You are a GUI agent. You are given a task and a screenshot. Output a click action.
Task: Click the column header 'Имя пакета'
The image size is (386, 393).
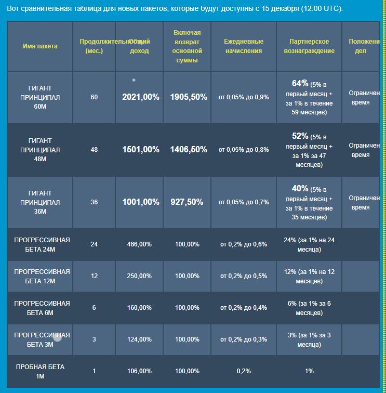(x=40, y=46)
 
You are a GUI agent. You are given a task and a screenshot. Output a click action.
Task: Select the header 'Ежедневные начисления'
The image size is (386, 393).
(x=244, y=46)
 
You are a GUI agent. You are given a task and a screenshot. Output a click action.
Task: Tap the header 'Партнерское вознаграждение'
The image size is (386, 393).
(x=309, y=46)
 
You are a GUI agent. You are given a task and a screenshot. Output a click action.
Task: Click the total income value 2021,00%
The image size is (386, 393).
(x=141, y=97)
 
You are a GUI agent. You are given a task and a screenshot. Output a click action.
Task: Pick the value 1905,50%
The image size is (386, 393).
(x=189, y=97)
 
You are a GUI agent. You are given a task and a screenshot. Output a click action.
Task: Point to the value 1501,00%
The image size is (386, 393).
(x=141, y=150)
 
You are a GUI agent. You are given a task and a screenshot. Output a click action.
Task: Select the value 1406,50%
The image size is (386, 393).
(x=189, y=150)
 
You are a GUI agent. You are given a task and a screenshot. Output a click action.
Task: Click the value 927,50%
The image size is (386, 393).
(x=187, y=202)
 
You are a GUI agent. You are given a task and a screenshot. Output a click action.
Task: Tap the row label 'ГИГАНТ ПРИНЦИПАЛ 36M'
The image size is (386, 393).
(x=40, y=202)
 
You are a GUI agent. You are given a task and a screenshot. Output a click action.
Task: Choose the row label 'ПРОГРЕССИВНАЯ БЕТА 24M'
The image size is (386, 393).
(x=42, y=244)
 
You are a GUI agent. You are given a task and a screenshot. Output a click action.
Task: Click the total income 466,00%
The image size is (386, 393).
(x=139, y=244)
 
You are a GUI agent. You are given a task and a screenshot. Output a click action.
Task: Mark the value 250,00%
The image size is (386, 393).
(x=139, y=276)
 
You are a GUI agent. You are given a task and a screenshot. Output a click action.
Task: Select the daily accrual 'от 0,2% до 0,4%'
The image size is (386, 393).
(x=244, y=308)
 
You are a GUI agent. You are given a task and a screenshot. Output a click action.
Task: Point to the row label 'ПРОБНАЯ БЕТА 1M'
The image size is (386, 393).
(x=40, y=371)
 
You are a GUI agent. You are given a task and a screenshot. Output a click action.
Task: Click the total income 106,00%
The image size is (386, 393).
(x=139, y=371)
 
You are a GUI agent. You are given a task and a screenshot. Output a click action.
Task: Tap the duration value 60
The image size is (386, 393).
(x=94, y=97)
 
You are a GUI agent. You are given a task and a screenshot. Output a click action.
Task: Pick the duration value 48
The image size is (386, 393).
(x=94, y=150)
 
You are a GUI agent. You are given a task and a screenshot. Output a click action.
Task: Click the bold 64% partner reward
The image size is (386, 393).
(x=300, y=84)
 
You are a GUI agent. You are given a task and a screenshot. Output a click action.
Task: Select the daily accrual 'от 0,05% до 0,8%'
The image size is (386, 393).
(x=244, y=150)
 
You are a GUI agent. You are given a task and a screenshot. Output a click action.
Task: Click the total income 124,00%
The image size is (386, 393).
(x=139, y=339)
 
